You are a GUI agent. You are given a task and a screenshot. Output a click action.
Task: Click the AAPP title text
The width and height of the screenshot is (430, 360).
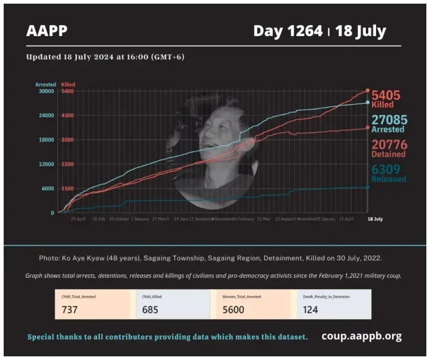(47, 31)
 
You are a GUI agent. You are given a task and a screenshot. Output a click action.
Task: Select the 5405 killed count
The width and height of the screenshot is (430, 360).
(386, 96)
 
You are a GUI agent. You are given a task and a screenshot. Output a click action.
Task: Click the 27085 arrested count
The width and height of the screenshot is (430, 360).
(390, 120)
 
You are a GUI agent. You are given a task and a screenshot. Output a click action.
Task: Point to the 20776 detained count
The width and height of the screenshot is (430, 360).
(389, 144)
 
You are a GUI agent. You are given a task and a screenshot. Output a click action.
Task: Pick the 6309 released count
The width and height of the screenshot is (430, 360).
(386, 169)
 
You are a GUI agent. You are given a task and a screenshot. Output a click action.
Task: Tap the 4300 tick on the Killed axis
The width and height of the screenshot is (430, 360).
(68, 115)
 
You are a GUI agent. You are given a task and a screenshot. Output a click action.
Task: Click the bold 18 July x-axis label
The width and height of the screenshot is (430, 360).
(374, 219)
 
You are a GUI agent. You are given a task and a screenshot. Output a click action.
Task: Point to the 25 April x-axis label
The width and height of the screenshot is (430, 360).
(78, 219)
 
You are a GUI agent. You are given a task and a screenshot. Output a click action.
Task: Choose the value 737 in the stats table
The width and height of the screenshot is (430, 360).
(70, 310)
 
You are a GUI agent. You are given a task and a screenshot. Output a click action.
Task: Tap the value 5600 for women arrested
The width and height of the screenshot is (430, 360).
(234, 310)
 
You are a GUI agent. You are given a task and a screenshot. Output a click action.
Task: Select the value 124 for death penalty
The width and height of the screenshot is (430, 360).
(310, 310)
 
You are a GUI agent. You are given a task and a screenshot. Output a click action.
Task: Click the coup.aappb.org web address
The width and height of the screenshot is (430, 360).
(361, 336)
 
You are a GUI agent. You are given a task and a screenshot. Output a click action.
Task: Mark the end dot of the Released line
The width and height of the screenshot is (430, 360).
(368, 187)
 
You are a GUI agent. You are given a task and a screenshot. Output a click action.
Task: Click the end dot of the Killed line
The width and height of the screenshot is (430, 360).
(368, 91)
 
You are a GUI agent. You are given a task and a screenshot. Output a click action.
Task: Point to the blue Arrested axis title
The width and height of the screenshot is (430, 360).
(46, 84)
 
